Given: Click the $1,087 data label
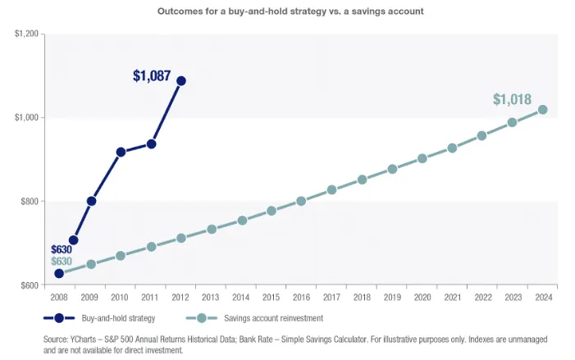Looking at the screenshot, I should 152,76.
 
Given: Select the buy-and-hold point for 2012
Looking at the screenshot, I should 181,80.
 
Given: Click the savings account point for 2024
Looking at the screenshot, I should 542,109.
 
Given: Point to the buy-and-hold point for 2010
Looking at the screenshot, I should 121,152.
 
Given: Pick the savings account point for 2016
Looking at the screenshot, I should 301,201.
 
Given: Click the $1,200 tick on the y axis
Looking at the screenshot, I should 26,34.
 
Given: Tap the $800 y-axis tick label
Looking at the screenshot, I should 30,201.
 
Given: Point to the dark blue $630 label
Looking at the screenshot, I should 62,249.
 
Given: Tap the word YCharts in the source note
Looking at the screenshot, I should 88,339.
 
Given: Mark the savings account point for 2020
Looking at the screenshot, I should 422,158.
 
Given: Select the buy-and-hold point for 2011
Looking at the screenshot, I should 151,144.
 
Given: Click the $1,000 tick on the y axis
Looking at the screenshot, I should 26,117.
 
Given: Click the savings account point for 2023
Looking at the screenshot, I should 512,122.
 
